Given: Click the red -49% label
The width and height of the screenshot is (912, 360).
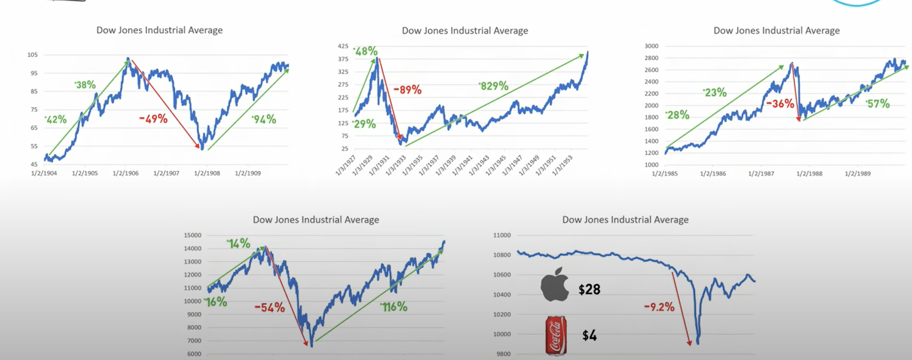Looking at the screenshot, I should coord(153,119).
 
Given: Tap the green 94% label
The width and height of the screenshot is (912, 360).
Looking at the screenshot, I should coord(264,119).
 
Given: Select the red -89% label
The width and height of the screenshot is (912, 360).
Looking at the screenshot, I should coord(407,90).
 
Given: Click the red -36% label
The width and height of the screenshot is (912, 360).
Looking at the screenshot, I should coord(780,104).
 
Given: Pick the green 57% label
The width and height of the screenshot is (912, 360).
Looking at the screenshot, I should coord(878,104).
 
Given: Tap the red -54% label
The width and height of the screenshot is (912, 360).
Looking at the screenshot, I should coord(270,307).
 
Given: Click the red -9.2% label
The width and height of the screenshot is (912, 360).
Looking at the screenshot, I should coord(659,307).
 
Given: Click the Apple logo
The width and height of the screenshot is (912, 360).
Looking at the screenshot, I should coord(555,285).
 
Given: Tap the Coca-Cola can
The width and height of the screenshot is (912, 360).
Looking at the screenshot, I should coord(555,335).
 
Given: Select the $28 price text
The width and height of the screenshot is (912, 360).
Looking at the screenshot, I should coord(589,290).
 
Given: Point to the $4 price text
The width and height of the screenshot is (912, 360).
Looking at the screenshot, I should coord(589,336).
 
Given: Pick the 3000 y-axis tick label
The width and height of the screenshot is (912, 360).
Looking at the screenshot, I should coord(651,46).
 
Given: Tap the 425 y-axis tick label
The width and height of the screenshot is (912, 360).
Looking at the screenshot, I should coord(343,46).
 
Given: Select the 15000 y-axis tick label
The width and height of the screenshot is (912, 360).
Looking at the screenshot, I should coord(193,235).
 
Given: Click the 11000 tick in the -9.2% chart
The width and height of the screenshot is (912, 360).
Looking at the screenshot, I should coord(502,235).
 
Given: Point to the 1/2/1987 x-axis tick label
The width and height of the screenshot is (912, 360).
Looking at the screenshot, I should coord(761,173).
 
